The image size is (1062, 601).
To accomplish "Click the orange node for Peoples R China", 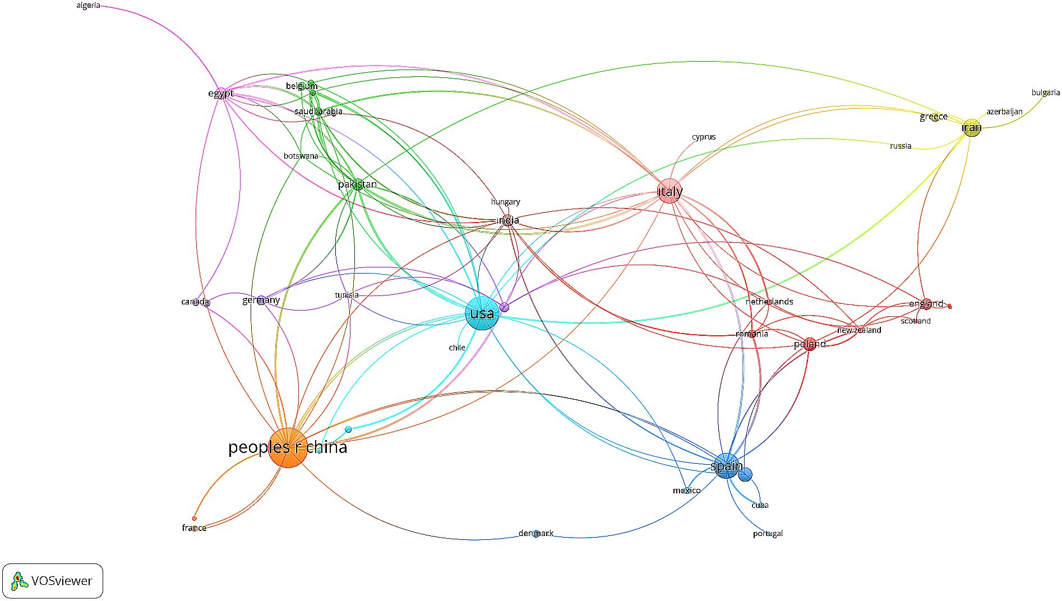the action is pyautogui.click(x=288, y=447).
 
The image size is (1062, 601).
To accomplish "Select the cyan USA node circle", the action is pyautogui.click(x=482, y=313).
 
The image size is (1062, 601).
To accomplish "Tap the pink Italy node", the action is pyautogui.click(x=669, y=191).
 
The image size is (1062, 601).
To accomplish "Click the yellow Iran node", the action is pyautogui.click(x=972, y=128).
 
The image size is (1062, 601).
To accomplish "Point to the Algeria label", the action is pyautogui.click(x=88, y=6).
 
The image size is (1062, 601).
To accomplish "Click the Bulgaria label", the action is pyautogui.click(x=1045, y=93).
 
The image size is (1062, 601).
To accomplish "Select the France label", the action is pyautogui.click(x=194, y=528).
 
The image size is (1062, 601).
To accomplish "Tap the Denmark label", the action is pyautogui.click(x=536, y=533).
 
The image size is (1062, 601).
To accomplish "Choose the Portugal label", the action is pyautogui.click(x=768, y=533).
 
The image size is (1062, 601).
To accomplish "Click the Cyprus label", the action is pyautogui.click(x=703, y=137).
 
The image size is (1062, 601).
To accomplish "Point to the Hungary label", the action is pyautogui.click(x=505, y=202).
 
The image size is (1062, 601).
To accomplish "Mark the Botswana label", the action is pyautogui.click(x=301, y=156).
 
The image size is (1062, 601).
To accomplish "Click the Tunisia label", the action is pyautogui.click(x=347, y=295).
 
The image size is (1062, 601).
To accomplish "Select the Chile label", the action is pyautogui.click(x=457, y=348).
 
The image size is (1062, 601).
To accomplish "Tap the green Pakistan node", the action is pyautogui.click(x=358, y=184).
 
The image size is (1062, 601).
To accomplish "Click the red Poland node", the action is pyautogui.click(x=809, y=344).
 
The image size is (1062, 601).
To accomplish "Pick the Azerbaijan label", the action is pyautogui.click(x=1004, y=112).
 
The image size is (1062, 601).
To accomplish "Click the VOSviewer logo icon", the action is pyautogui.click(x=20, y=581).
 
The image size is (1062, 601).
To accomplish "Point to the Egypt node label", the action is pyautogui.click(x=220, y=93).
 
